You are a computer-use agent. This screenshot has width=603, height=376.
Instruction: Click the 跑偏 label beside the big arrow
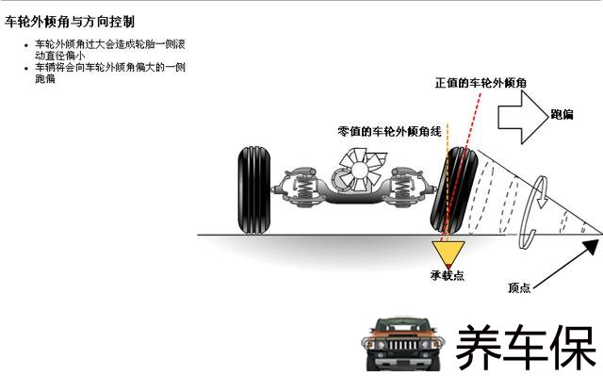[562, 115]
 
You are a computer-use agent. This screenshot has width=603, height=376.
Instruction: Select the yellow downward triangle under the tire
[448, 254]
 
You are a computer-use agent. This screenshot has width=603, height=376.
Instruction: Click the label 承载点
[448, 276]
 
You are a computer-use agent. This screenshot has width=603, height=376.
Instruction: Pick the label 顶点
[519, 287]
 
